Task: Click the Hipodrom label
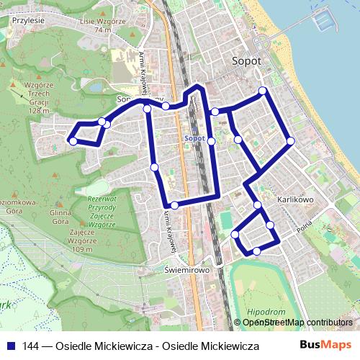coord(261,312)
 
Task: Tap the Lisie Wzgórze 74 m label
coord(104,26)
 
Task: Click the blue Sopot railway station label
coord(195,138)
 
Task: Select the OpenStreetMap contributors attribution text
coord(297,323)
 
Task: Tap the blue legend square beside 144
coord(11,346)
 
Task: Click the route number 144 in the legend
coord(31,346)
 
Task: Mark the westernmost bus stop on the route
coord(72,141)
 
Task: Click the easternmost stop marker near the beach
coord(290,141)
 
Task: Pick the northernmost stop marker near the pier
coord(263,90)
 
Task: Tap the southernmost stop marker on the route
coord(257,251)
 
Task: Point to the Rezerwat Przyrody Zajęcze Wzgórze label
coord(102,211)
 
